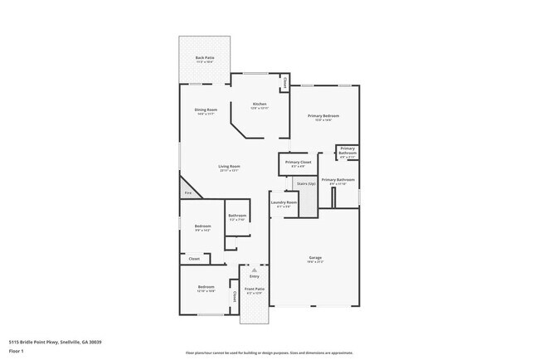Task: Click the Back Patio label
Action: [x=205, y=58]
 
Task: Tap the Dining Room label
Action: [x=206, y=111]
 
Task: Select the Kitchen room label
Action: [x=260, y=105]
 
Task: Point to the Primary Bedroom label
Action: [x=324, y=117]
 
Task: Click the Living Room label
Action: [x=229, y=168]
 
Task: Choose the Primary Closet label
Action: [x=298, y=163]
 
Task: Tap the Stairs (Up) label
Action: [x=306, y=183]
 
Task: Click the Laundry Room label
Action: [x=284, y=203]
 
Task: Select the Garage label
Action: [x=314, y=259]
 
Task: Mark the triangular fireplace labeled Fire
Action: [x=188, y=192]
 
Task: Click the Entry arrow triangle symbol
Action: [x=255, y=270]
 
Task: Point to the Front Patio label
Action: [x=253, y=290]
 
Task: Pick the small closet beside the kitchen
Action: [x=284, y=83]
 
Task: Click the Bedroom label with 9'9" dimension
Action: [x=202, y=227]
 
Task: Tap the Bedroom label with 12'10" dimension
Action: [x=206, y=289]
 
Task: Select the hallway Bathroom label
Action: [x=237, y=217]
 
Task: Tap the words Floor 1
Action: [x=17, y=351]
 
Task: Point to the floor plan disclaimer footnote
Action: [x=269, y=353]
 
